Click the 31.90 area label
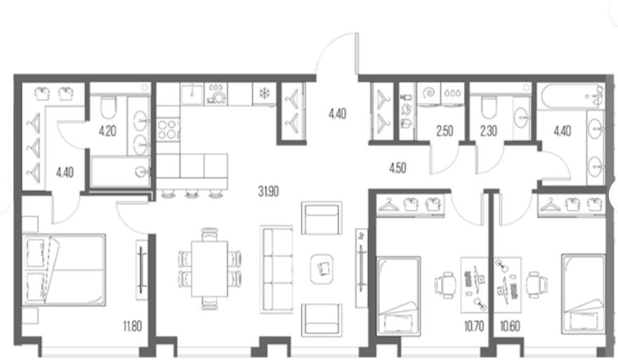coord(268,192)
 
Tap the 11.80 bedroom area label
coord(132,326)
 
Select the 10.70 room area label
coord(474,326)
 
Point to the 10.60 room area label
coord(510,326)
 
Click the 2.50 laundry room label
coord(445,131)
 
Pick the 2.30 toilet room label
coord(488,131)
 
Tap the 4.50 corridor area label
coord(397,168)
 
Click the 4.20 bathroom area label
coord(107,131)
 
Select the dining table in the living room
coord(209,269)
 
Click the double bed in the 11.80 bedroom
coord(64,269)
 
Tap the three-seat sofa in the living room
coord(276,269)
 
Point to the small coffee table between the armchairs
coord(322,269)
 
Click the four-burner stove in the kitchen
coord(168,130)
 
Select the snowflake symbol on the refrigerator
coord(264,93)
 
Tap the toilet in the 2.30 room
coord(488,107)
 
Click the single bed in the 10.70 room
coord(398,296)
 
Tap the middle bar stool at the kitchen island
coord(192,194)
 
